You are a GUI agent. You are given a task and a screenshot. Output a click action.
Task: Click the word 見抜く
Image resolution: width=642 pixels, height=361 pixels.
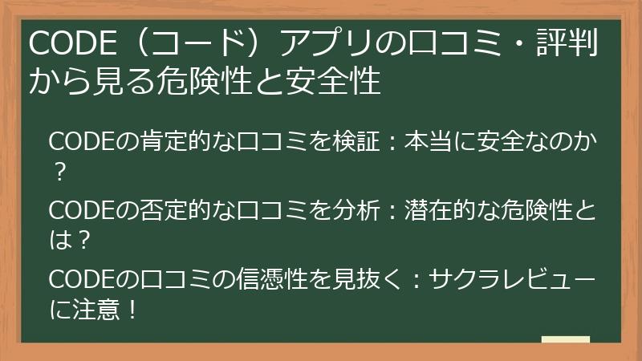tap(364, 281)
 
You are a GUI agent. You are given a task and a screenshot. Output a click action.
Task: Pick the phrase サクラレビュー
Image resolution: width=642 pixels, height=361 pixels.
tap(513, 281)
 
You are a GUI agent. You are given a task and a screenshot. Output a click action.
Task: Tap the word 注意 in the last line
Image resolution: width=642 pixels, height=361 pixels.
tap(93, 308)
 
